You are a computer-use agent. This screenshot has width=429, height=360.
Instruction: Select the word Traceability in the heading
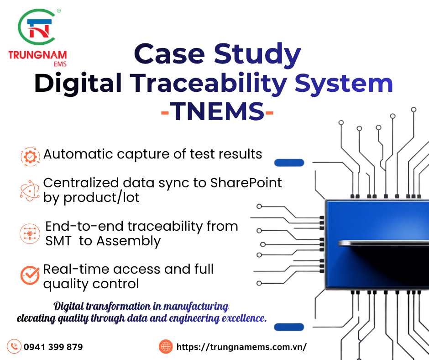click(x=209, y=84)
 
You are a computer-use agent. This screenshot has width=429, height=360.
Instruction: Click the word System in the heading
click(x=344, y=84)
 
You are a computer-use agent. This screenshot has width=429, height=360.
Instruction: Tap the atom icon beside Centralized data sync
click(x=30, y=190)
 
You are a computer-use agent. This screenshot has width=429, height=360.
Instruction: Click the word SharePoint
click(x=246, y=183)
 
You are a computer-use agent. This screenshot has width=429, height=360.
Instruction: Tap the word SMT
click(x=58, y=241)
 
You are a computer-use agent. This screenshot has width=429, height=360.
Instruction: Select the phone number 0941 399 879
click(x=53, y=347)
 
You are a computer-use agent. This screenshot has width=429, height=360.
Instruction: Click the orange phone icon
click(x=15, y=346)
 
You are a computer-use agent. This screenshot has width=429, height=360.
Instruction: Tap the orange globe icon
click(x=166, y=347)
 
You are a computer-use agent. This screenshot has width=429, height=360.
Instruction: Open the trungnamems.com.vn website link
click(x=241, y=347)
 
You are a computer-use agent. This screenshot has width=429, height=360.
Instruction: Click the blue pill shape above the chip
click(x=289, y=162)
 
